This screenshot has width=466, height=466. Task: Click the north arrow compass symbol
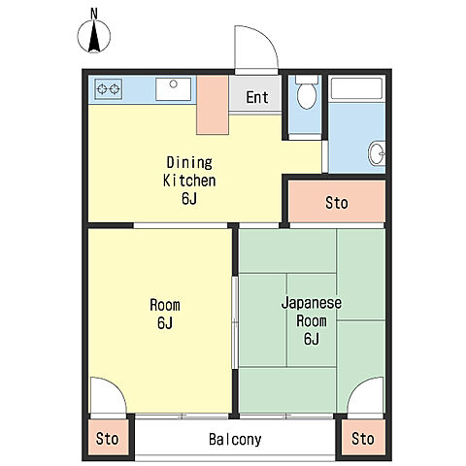click(94, 36)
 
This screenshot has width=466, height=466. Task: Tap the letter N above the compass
click(94, 14)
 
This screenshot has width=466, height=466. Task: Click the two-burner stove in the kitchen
click(109, 88)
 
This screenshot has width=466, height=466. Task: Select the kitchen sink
click(173, 89)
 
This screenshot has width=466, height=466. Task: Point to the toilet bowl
click(307, 93)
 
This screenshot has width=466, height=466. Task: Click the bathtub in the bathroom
click(356, 88)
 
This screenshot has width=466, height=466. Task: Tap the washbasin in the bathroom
click(377, 153)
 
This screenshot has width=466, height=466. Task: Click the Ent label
click(257, 97)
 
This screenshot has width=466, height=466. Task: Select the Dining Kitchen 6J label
click(189, 181)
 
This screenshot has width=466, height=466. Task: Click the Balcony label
click(235, 439)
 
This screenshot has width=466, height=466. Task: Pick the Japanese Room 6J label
click(312, 320)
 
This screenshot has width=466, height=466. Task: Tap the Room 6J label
click(165, 314)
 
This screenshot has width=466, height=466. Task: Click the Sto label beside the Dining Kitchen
click(337, 203)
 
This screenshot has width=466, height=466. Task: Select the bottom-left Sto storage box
click(108, 438)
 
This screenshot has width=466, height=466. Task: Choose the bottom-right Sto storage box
click(363, 438)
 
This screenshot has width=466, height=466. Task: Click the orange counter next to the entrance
click(213, 105)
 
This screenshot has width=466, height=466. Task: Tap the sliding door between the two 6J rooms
click(235, 322)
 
